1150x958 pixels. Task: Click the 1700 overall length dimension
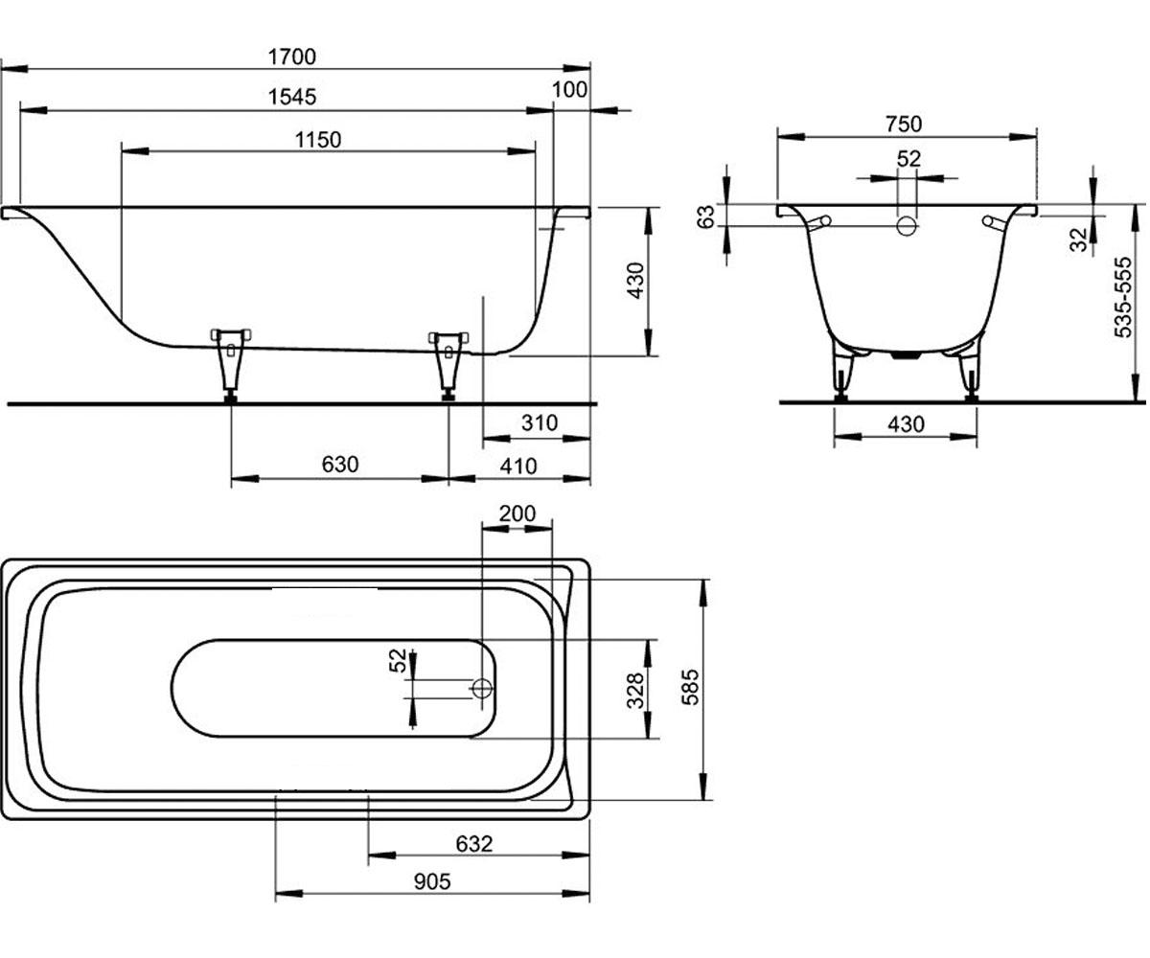pos(292,57)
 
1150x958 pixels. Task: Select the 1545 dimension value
pos(292,97)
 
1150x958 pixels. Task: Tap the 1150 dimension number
pos(318,140)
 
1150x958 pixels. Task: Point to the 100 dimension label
pos(569,89)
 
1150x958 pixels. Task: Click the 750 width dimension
pos(904,124)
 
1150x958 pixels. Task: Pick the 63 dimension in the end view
pos(705,216)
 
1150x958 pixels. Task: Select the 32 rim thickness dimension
pos(1078,239)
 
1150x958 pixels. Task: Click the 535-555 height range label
pos(1122,297)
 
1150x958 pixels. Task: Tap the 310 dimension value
pos(540,422)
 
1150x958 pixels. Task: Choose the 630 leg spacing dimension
pos(340,464)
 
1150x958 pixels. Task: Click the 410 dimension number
pos(518,467)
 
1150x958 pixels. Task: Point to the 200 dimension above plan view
pos(517,513)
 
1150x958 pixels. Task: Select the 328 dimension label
pos(635,691)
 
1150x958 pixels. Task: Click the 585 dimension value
pos(690,687)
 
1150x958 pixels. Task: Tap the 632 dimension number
pos(474,843)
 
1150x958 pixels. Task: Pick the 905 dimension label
pos(432,882)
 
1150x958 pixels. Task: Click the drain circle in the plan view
pos(482,688)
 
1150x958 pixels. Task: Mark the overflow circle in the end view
pos(907,226)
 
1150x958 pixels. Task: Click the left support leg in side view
pos(231,365)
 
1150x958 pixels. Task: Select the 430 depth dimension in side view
pos(635,281)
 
